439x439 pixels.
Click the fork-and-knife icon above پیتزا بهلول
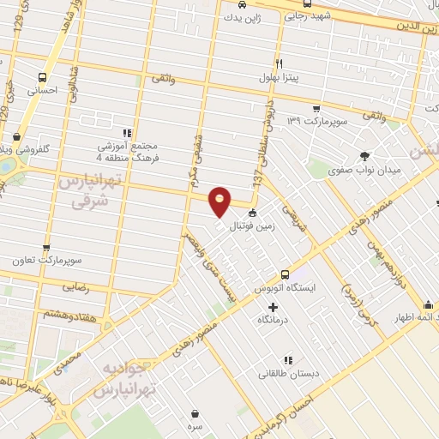pyautogui.click(x=280, y=63)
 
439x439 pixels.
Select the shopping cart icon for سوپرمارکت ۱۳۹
pyautogui.click(x=316, y=109)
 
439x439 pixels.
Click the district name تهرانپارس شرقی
pyautogui.click(x=84, y=191)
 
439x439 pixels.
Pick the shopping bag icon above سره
pyautogui.click(x=196, y=413)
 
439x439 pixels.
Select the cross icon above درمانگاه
pyautogui.click(x=274, y=307)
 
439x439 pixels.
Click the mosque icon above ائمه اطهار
pyautogui.click(x=429, y=305)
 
